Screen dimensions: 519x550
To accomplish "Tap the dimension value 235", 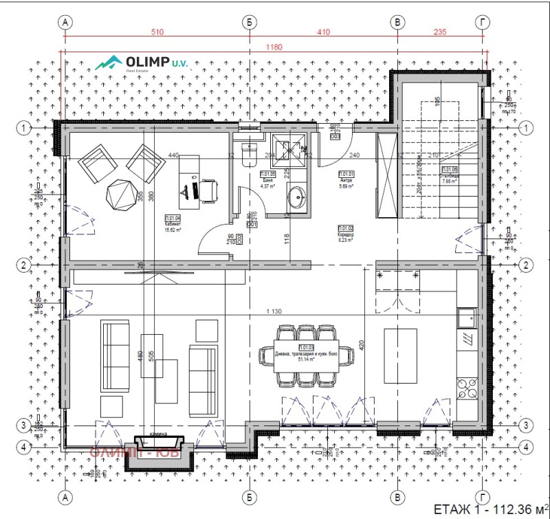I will click(x=440, y=32).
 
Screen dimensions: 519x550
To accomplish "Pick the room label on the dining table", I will click(x=306, y=353).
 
